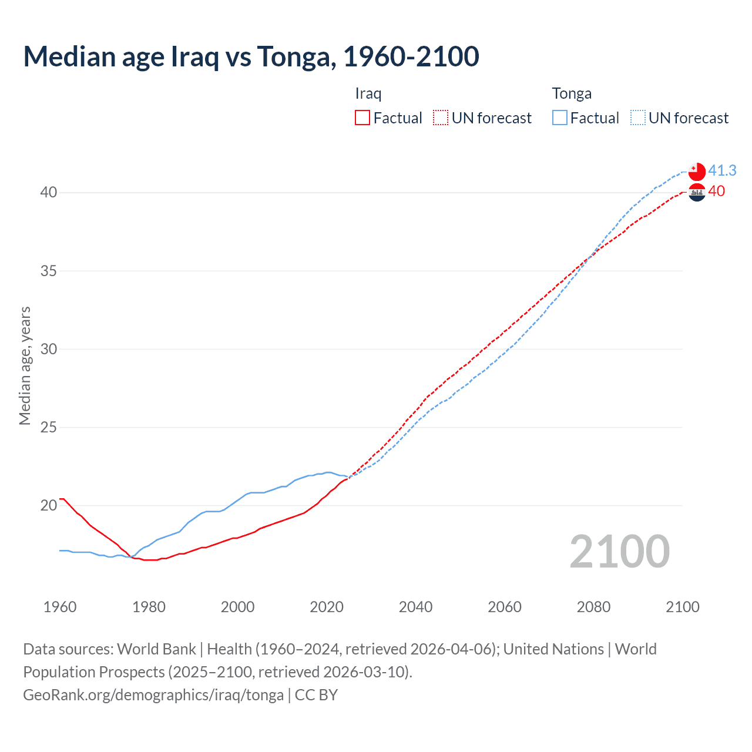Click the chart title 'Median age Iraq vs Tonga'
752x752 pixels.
[251, 56]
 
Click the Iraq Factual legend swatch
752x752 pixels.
[362, 118]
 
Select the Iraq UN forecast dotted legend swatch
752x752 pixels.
[441, 118]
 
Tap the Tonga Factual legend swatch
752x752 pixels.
[560, 118]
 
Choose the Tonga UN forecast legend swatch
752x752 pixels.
[638, 118]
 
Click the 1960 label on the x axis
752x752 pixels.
[60, 607]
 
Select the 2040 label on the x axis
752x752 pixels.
[415, 607]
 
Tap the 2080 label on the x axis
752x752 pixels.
[593, 607]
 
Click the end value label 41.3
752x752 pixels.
[722, 171]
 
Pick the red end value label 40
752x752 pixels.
[717, 192]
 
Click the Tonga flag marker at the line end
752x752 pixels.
[696, 171]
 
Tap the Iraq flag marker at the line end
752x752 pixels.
[697, 193]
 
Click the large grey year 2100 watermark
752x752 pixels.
[619, 551]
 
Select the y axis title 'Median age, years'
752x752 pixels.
[25, 365]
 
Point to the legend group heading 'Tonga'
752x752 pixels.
[572, 94]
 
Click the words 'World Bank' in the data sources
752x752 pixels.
[156, 649]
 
